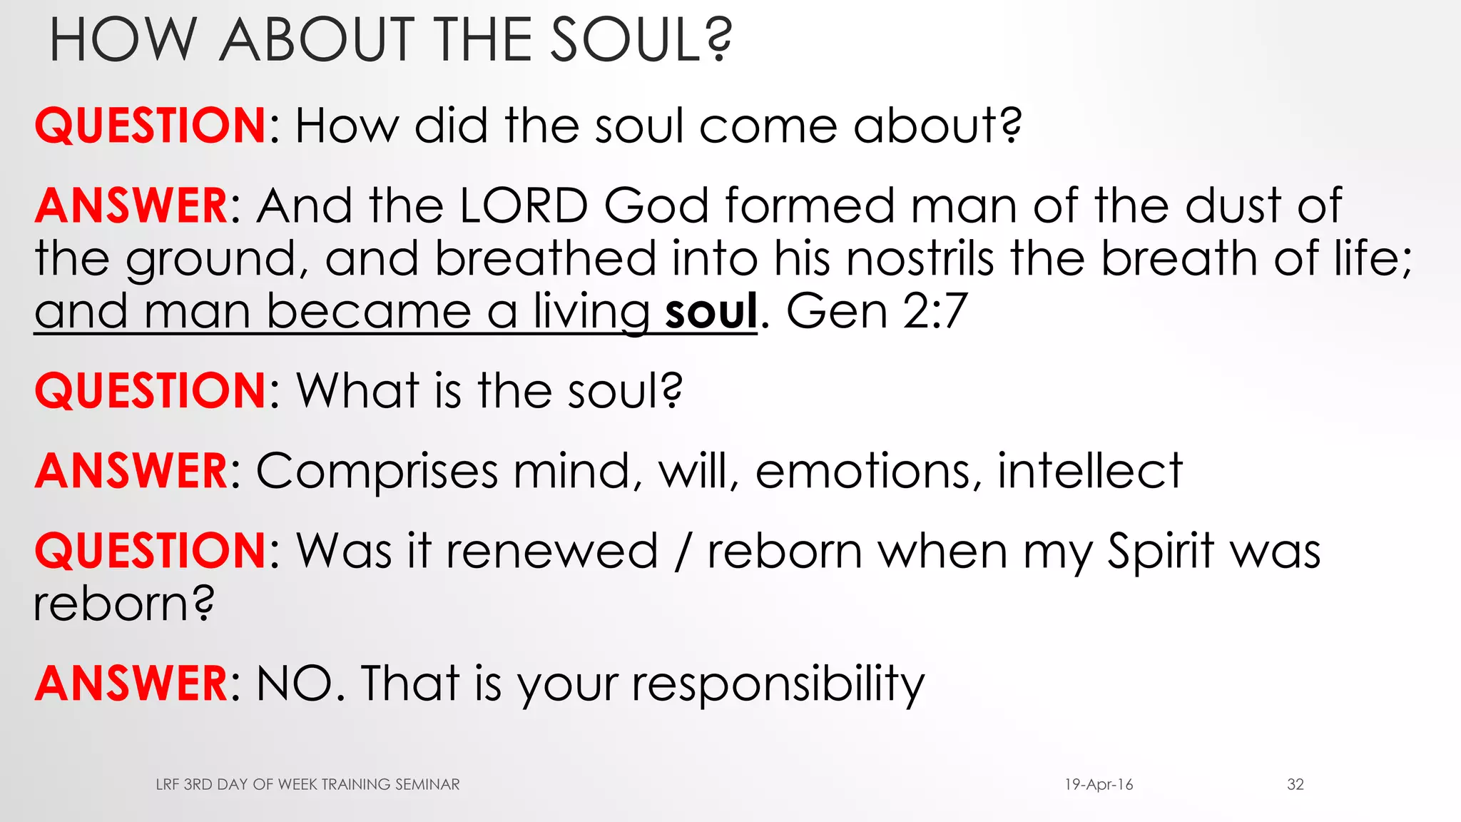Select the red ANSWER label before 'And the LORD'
(x=132, y=205)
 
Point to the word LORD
(x=524, y=205)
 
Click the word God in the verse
(x=656, y=205)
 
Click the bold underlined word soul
(x=711, y=312)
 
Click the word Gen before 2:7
(x=835, y=312)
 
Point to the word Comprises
(x=377, y=472)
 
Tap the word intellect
(x=1089, y=472)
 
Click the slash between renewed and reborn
(x=683, y=552)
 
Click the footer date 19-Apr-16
(x=1099, y=785)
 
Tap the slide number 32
(x=1295, y=785)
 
